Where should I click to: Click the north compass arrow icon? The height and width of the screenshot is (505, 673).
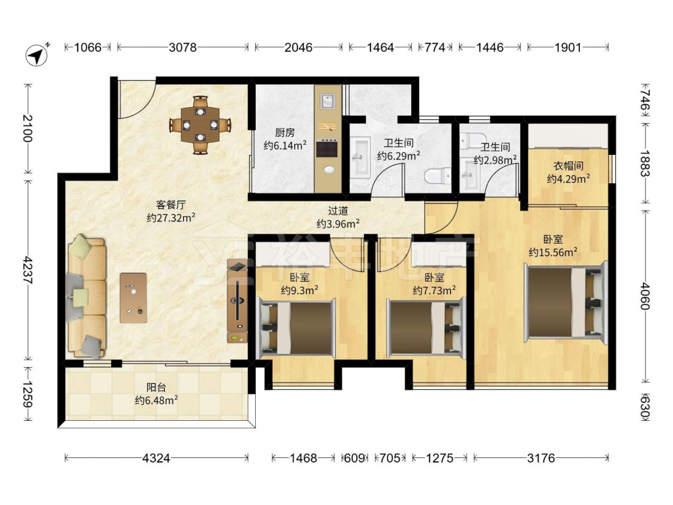coord(37,55)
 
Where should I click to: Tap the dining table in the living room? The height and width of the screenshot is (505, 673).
coord(200,125)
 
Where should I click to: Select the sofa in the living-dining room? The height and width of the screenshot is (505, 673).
coord(86,296)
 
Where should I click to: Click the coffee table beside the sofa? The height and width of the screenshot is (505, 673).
coord(133,298)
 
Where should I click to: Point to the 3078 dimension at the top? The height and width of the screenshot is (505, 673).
coord(182,47)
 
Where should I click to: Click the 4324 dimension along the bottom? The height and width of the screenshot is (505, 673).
coord(156,458)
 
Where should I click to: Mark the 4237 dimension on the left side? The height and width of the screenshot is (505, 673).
coord(28,270)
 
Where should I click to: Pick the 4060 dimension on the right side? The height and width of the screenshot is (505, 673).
coord(645,296)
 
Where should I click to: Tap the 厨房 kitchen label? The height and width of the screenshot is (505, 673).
coord(285,133)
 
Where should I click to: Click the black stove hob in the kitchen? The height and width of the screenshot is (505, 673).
coord(328,149)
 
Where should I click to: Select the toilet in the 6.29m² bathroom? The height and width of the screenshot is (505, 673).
coord(437,176)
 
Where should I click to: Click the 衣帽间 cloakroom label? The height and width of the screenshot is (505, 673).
coord(568,166)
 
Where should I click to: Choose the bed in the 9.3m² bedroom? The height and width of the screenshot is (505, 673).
coord(295,329)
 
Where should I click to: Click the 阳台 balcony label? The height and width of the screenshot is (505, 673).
coord(156,387)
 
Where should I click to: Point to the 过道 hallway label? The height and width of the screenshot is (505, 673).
coord(338,211)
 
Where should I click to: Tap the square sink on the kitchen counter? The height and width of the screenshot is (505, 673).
coord(328,102)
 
